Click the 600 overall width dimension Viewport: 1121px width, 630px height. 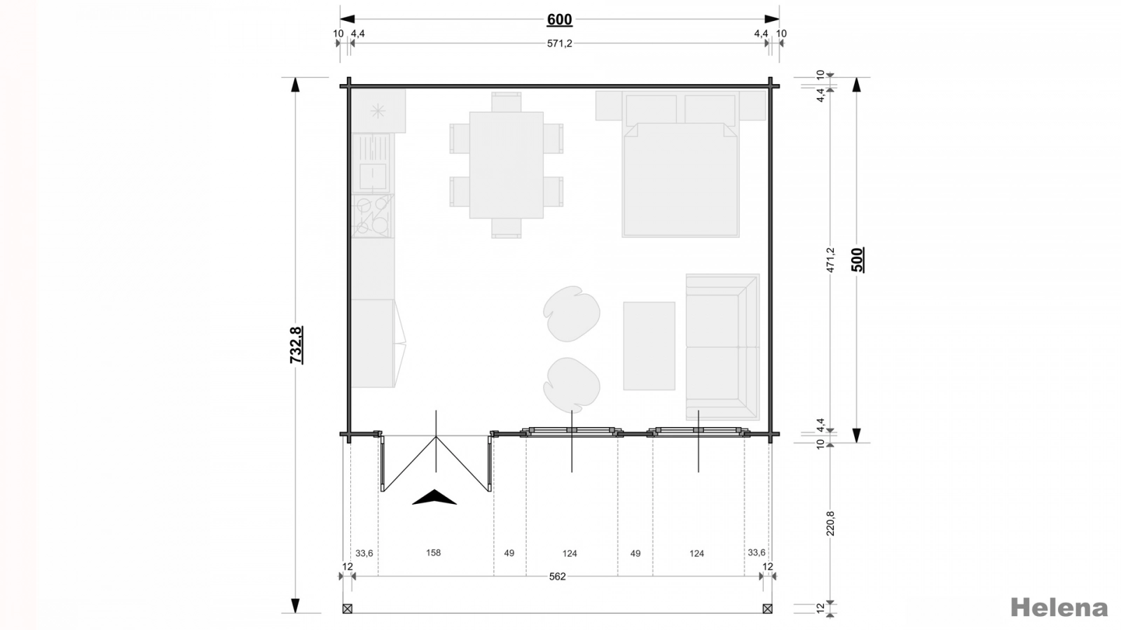click(x=560, y=20)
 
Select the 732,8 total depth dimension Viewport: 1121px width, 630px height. click(x=296, y=345)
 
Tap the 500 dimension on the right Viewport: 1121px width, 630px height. click(x=858, y=260)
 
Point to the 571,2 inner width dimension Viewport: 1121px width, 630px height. click(x=560, y=43)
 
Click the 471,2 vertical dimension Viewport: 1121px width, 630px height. click(x=831, y=260)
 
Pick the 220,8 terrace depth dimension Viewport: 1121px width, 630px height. click(x=831, y=524)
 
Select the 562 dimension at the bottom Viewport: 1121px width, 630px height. click(x=557, y=577)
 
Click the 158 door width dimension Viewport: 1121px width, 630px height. click(x=434, y=552)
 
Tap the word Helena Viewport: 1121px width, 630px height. click(x=1059, y=608)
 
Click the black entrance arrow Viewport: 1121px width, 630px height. click(x=434, y=497)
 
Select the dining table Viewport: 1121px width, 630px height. click(x=507, y=165)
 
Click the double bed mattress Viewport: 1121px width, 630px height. click(x=680, y=180)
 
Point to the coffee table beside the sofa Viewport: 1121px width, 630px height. click(x=649, y=346)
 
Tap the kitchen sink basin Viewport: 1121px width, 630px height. click(x=373, y=176)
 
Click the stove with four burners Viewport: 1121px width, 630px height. click(x=373, y=216)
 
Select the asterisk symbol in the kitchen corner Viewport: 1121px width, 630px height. click(x=378, y=111)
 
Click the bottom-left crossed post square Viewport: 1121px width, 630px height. click(x=348, y=608)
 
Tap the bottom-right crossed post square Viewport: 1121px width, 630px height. click(x=767, y=608)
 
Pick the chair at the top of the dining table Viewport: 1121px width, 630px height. click(x=507, y=102)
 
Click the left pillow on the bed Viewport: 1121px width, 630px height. click(x=651, y=110)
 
